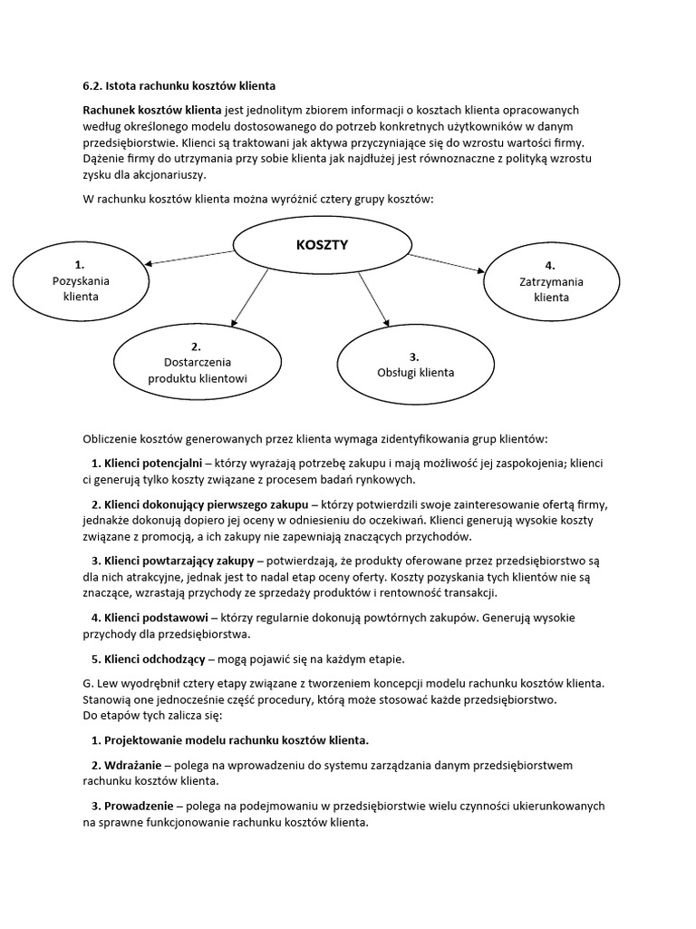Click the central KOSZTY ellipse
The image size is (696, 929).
click(322, 245)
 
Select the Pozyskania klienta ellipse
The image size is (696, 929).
click(81, 280)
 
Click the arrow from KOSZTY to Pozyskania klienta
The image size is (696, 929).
click(190, 259)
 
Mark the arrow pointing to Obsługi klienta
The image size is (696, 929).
click(373, 298)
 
